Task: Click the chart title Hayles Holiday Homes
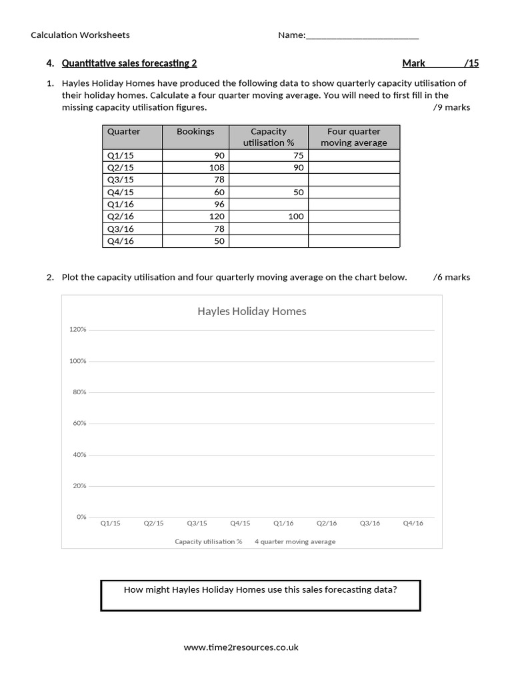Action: [251, 311]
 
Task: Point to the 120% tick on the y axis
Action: [78, 330]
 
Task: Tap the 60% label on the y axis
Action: [79, 424]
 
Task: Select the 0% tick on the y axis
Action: [81, 517]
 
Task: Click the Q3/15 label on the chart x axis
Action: [197, 523]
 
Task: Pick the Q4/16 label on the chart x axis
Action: [413, 523]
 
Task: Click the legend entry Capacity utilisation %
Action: [209, 541]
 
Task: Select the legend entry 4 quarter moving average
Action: [295, 541]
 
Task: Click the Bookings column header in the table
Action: [195, 132]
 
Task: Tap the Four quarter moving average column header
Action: [353, 137]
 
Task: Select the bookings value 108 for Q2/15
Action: [217, 168]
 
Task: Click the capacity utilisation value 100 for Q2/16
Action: [295, 216]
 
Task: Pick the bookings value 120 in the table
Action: [217, 216]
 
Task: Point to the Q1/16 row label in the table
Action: [121, 204]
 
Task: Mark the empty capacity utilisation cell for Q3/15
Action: [268, 180]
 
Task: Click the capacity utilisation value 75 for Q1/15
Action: [297, 155]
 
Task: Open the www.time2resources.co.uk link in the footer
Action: [241, 647]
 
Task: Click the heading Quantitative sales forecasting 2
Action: [129, 64]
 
